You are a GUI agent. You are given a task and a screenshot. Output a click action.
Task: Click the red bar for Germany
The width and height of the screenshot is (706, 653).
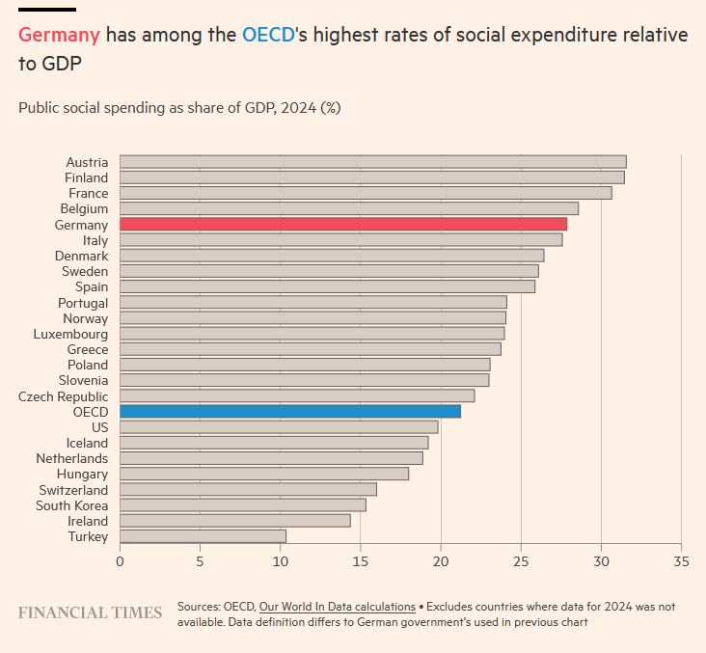(343, 224)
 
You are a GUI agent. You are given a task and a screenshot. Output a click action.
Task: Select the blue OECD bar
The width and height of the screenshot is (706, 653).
(290, 411)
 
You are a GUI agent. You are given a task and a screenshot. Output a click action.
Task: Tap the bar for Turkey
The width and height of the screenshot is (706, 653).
(203, 536)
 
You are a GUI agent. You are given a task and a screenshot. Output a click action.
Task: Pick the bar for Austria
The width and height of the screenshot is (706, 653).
(373, 161)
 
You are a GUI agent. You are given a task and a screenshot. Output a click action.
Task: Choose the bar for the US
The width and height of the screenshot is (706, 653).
(279, 427)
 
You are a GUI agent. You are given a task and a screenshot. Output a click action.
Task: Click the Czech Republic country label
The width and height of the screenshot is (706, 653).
(64, 396)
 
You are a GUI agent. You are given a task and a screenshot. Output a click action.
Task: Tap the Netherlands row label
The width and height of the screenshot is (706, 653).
(72, 458)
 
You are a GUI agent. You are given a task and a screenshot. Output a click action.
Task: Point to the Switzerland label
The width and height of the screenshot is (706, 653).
(73, 490)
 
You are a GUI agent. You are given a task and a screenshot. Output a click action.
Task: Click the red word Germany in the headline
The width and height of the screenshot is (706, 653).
(59, 36)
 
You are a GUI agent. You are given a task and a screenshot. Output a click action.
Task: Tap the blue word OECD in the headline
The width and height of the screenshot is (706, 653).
(267, 36)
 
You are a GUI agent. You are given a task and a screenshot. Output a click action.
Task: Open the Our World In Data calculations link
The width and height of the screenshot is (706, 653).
(337, 607)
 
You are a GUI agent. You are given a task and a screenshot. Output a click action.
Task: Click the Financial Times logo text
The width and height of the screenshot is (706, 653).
(91, 613)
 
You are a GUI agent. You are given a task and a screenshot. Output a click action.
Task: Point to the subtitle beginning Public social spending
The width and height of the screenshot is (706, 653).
(179, 108)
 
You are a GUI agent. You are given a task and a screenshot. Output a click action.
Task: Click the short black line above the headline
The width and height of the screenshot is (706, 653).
(47, 10)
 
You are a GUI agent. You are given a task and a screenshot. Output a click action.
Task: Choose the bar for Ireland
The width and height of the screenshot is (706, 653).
(235, 521)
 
